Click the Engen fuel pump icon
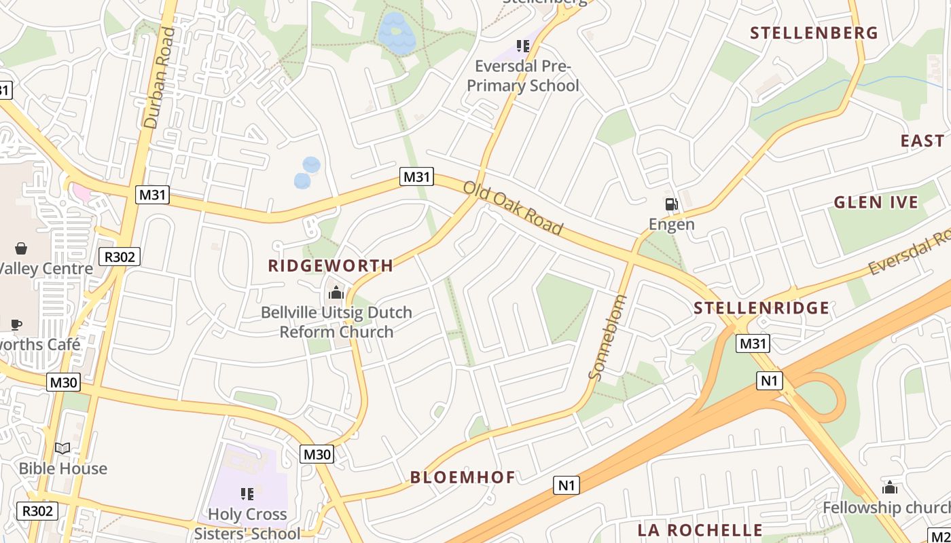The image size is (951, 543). point(671,204)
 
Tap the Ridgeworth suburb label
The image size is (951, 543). point(331,265)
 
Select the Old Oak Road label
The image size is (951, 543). point(514,208)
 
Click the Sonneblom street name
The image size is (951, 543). point(607,337)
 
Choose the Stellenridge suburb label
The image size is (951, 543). point(761,308)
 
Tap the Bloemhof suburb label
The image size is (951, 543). point(463,477)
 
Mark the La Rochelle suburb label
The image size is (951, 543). point(700,530)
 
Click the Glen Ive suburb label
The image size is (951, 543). point(876,202)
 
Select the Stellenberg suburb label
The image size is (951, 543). point(814,33)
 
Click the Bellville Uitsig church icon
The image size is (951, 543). point(336,293)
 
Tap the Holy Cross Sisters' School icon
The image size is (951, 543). point(247,493)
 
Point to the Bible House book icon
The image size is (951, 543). point(62,448)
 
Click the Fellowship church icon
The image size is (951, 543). point(889,487)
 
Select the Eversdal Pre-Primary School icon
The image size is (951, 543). point(522,46)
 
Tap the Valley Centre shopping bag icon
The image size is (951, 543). point(21,248)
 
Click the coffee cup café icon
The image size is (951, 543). point(16,324)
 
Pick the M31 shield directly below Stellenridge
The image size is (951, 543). point(753,343)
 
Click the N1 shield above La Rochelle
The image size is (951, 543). point(567,485)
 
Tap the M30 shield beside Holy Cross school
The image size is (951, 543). point(317,454)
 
